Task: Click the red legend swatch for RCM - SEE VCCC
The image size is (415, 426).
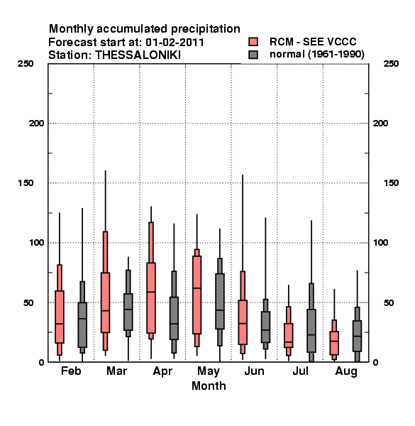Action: [x=253, y=42]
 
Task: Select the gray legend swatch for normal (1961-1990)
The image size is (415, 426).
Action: [x=253, y=55]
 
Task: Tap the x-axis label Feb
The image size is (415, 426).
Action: [x=71, y=371]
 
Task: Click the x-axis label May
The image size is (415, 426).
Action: [x=209, y=371]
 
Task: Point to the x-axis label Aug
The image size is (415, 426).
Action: [x=346, y=371]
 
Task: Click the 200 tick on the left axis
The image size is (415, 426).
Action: [x=36, y=124]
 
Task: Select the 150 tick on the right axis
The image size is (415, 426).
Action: [x=391, y=183]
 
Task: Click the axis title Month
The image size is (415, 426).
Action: [x=209, y=386]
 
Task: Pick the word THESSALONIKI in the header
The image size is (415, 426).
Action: [x=138, y=55]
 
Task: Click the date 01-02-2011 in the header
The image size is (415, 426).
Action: [x=175, y=43]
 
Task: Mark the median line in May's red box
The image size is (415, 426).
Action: [x=197, y=288]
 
